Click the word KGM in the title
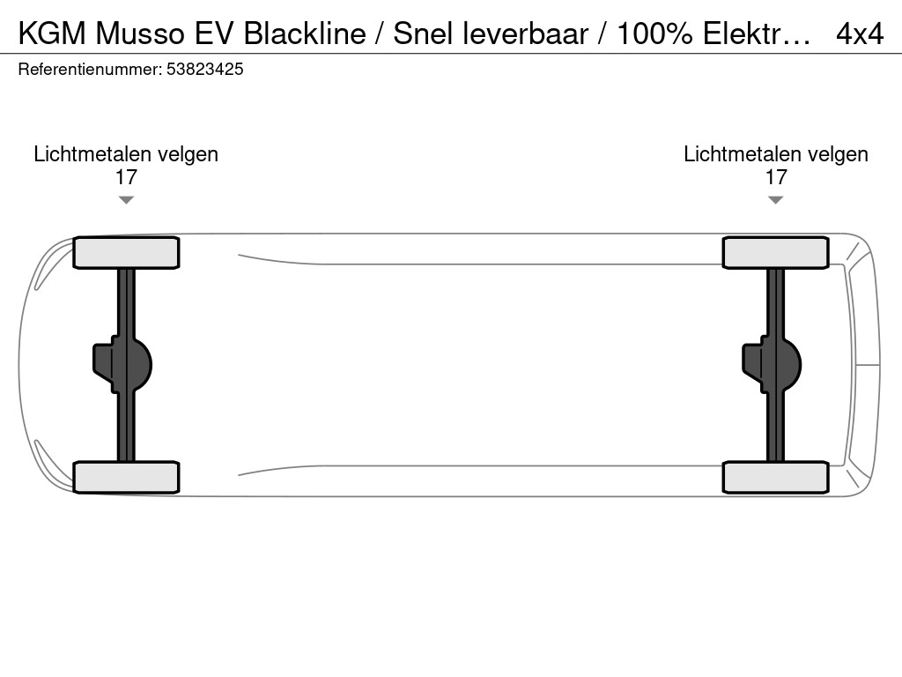(x=52, y=33)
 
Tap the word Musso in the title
(x=140, y=33)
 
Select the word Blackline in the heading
(x=305, y=33)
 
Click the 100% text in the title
(x=654, y=33)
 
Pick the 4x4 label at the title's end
(x=860, y=33)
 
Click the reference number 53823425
(x=204, y=69)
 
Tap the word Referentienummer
(x=90, y=69)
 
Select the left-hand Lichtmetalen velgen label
(x=126, y=154)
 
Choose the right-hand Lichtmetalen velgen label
(x=776, y=154)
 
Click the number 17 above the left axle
(x=126, y=177)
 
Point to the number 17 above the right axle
(x=776, y=177)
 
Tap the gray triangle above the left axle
(x=126, y=199)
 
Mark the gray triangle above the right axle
(x=776, y=199)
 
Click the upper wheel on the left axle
(x=126, y=253)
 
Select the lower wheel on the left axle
(x=126, y=477)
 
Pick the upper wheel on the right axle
(x=775, y=253)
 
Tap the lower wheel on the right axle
(x=775, y=477)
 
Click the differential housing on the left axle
(x=122, y=365)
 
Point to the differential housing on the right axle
(x=772, y=365)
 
